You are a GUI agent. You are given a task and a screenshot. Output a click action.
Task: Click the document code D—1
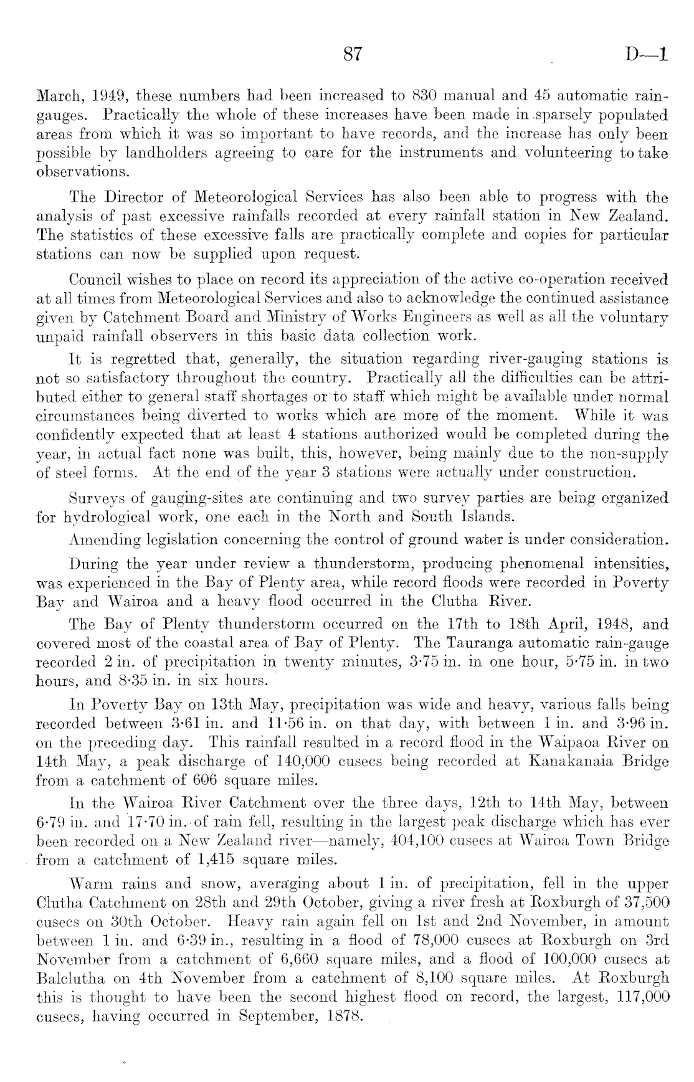click(x=648, y=55)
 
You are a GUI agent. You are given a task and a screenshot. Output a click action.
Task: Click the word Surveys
click(x=93, y=498)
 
